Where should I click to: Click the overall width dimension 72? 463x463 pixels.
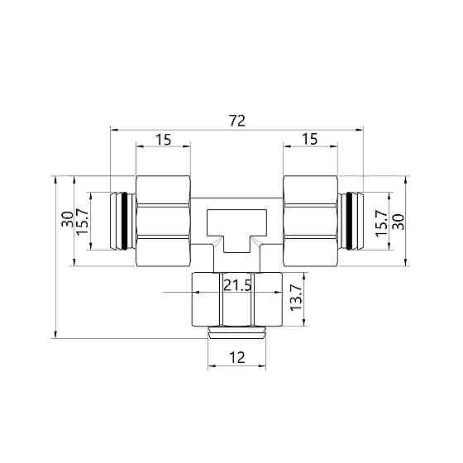tap(237, 121)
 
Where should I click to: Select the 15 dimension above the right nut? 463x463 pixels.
tap(310, 140)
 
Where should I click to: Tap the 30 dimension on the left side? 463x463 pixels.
tap(66, 221)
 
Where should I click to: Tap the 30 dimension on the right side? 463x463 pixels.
tap(398, 221)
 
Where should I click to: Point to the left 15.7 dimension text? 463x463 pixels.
tap(83, 221)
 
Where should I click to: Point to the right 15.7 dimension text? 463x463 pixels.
tap(381, 221)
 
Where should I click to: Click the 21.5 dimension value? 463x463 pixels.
tap(237, 286)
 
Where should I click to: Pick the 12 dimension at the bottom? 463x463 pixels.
tap(237, 357)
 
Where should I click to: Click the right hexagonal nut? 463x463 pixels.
tap(310, 221)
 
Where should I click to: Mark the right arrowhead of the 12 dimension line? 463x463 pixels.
tap(264, 366)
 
